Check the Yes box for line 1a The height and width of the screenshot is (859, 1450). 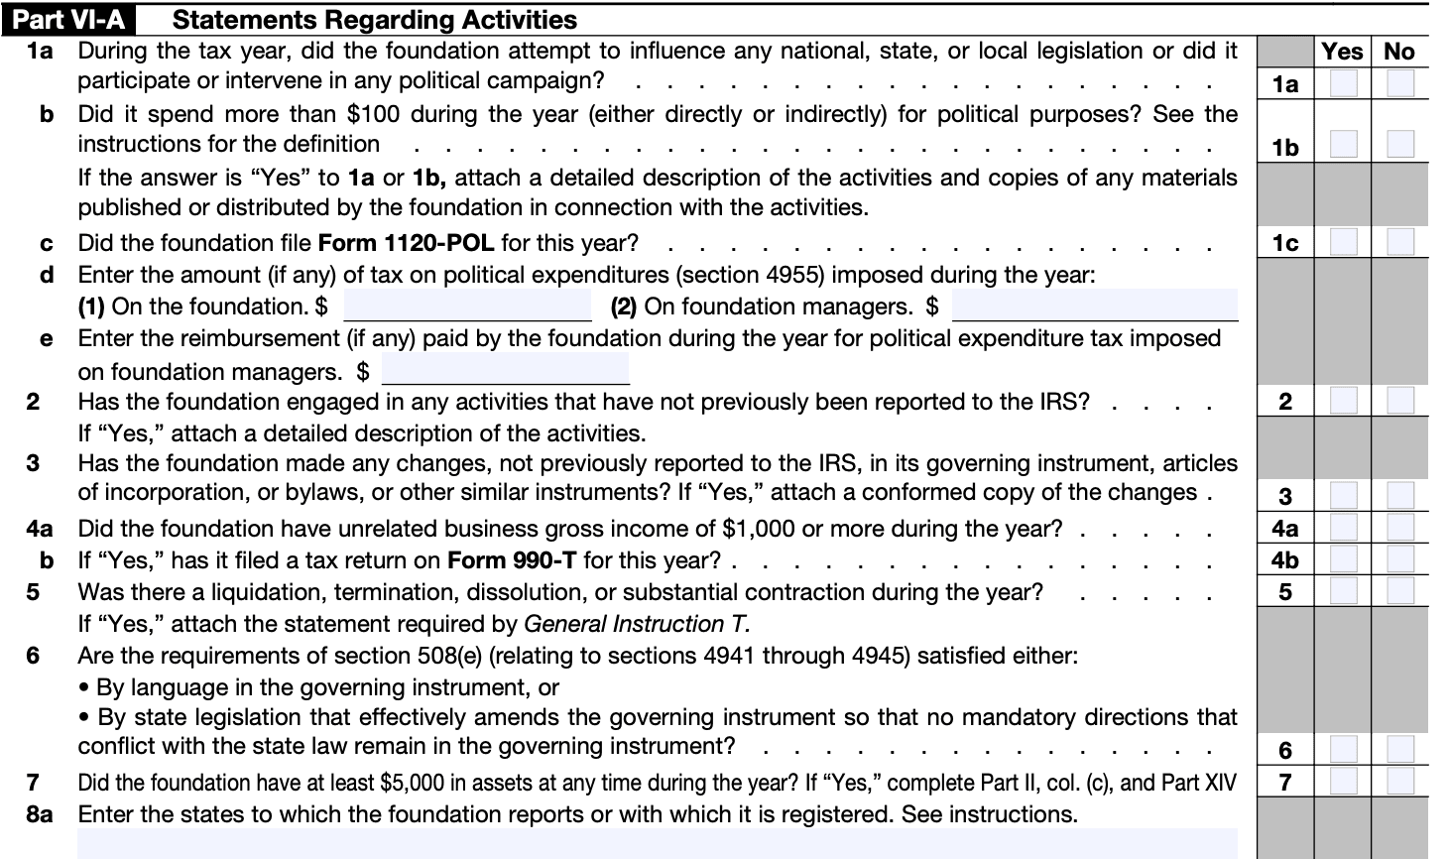click(1343, 83)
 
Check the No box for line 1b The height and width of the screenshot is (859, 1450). click(1400, 146)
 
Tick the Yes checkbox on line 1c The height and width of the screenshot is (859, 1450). click(1343, 242)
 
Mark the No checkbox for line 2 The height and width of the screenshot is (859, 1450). click(1400, 401)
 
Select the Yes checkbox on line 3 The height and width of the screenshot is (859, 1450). click(1343, 495)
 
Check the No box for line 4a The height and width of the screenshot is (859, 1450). click(1400, 528)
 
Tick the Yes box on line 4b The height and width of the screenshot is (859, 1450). click(1343, 559)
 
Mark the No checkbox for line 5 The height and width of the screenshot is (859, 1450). click(1400, 591)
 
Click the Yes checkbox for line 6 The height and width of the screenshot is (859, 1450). click(1343, 750)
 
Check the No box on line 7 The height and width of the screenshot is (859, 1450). click(1400, 782)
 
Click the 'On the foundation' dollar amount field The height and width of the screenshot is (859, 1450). click(467, 307)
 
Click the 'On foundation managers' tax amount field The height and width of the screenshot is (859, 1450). click(1094, 307)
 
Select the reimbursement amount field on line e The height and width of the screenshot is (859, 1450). click(505, 370)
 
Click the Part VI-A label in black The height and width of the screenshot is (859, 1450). click(68, 19)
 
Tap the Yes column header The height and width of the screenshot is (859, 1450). click(1342, 52)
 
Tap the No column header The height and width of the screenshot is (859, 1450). click(1399, 52)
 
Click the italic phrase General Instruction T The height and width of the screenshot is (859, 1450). click(636, 624)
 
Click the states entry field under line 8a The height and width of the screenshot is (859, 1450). click(657, 844)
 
